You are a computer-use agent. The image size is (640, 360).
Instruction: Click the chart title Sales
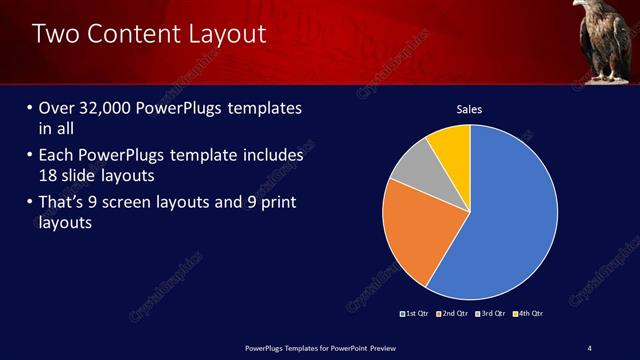pos(470,108)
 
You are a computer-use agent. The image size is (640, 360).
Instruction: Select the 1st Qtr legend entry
pos(415,313)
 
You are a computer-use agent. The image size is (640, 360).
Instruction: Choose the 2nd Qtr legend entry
pos(453,313)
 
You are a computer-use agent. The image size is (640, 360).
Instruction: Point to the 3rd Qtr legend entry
pos(491,313)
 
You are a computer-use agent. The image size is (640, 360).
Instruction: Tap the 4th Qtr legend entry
pos(529,313)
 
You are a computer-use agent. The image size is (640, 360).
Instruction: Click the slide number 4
pos(589,347)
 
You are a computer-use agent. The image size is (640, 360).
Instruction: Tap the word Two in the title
pos(56,34)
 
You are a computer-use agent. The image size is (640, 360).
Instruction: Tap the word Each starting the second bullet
pos(57,156)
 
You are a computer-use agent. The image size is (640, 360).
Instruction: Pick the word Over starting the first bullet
pos(58,108)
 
